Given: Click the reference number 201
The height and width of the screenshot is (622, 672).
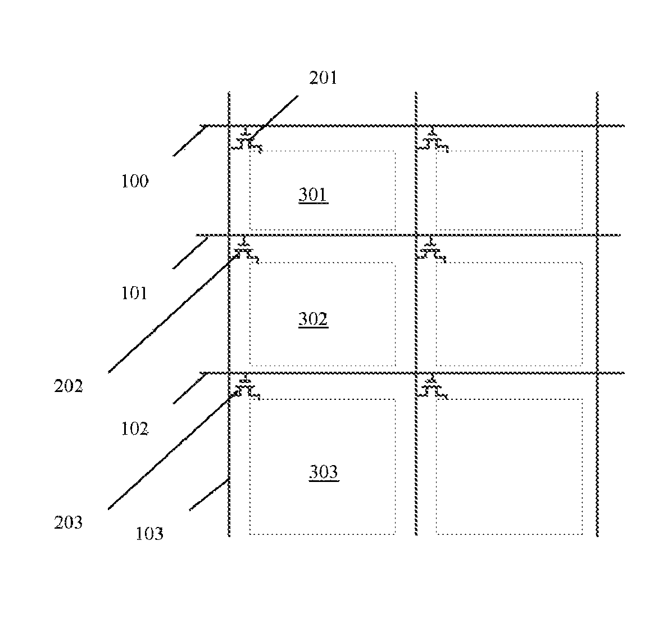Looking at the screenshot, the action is click(323, 78).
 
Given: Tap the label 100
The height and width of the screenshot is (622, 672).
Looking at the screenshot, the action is click(135, 181).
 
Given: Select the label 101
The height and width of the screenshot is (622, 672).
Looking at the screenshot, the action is click(134, 294).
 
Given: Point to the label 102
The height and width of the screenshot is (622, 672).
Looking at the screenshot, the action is click(135, 429).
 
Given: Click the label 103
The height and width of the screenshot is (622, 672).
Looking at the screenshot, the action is click(149, 534).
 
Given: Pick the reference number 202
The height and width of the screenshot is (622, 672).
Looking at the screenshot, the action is click(68, 386).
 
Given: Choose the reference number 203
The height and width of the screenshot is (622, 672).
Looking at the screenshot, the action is click(68, 522).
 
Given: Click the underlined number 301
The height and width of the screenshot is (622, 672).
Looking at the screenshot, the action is click(314, 195).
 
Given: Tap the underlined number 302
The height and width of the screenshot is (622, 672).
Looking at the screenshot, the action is click(314, 319).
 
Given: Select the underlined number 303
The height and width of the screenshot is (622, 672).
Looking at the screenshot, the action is click(324, 472).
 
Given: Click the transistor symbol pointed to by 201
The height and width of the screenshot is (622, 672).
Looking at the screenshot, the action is click(247, 140).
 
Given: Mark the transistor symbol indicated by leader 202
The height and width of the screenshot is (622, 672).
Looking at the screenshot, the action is click(245, 250).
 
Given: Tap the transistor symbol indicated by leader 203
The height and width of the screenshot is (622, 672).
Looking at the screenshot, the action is click(246, 387).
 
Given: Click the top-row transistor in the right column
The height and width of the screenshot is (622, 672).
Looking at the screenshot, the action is click(433, 140).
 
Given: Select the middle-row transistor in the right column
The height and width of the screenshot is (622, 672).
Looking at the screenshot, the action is click(432, 250).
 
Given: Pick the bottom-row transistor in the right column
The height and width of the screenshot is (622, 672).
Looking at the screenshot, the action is click(433, 387).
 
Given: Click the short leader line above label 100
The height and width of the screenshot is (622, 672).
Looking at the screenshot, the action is click(190, 141).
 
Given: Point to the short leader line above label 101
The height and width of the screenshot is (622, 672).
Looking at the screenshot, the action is click(190, 253).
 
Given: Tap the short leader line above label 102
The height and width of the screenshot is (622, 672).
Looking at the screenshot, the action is click(189, 388).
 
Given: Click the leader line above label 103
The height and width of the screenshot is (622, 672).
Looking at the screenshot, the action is click(208, 494).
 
